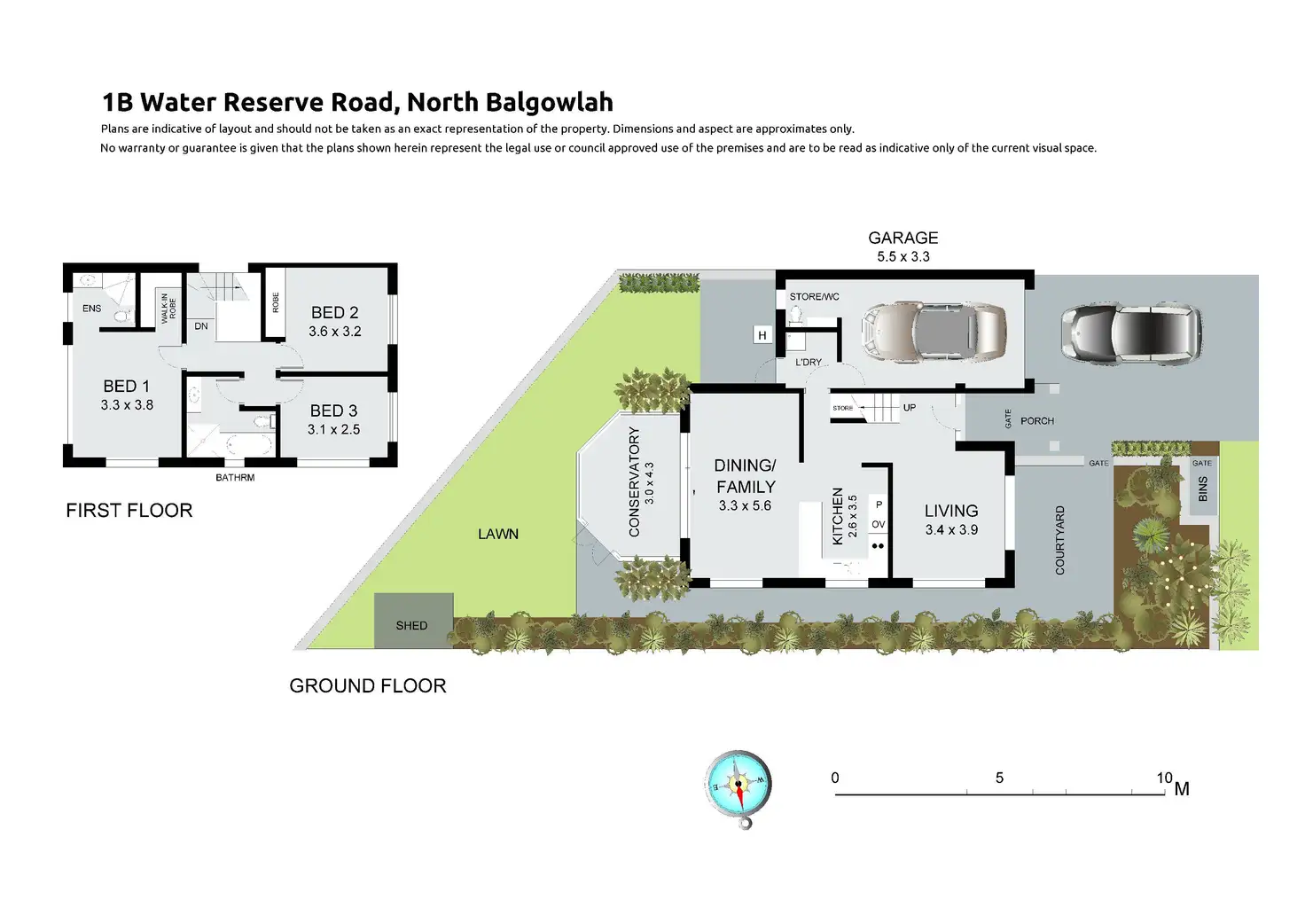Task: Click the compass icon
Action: (738, 785)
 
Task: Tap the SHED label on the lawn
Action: (411, 626)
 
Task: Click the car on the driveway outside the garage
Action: (1132, 333)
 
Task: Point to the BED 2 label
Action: (335, 313)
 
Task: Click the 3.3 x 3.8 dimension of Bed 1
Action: (127, 405)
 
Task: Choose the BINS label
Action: (1202, 489)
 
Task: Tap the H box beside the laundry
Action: (762, 335)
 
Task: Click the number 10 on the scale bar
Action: (1164, 778)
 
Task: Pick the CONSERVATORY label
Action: (634, 482)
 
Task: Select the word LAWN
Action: (498, 534)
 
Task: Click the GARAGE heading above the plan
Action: (903, 238)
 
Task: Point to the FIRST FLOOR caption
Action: (129, 511)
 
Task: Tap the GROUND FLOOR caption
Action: (368, 686)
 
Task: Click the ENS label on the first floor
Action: (92, 309)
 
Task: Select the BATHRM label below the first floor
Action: (235, 478)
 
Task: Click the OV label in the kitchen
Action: (878, 525)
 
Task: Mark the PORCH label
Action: (1037, 421)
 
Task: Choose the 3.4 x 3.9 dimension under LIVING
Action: (951, 530)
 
